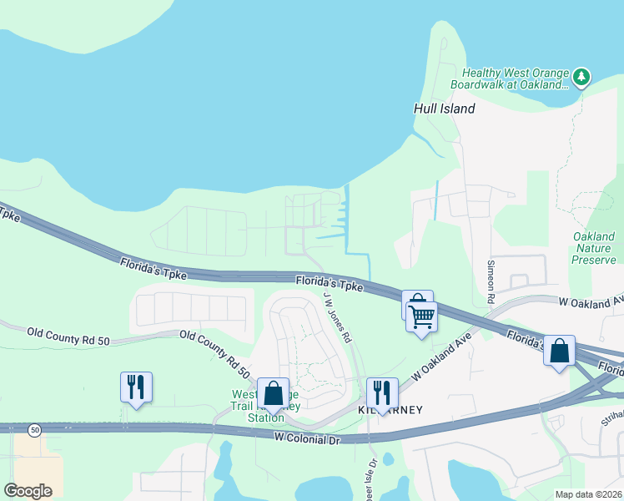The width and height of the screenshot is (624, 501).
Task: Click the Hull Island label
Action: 445,109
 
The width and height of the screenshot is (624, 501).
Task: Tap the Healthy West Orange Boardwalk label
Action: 509,78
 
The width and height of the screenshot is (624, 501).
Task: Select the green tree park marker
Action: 581,78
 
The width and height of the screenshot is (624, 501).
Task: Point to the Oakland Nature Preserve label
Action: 594,248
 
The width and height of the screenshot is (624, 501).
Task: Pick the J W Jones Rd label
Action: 337,316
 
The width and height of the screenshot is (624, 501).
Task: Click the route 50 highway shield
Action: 34,429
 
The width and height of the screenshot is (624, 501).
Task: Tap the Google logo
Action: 28,490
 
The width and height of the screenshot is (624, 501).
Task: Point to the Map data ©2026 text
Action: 589,494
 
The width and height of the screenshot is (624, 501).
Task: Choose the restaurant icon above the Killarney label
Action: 382,392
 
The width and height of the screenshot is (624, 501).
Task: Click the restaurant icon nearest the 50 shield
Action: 136,386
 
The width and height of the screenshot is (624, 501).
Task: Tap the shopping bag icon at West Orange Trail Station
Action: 273,392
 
